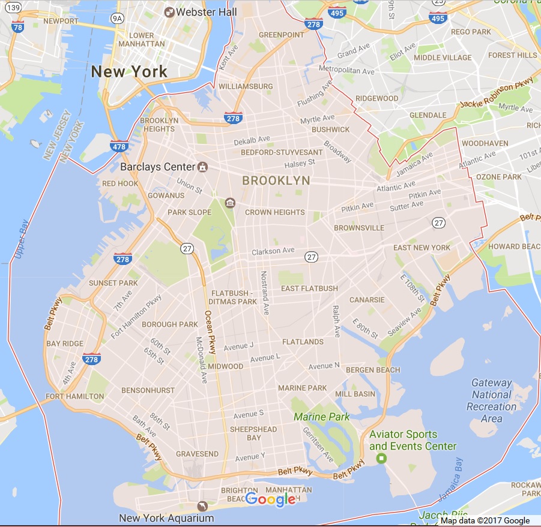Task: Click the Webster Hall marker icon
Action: point(169,12)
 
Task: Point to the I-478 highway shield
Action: point(118,145)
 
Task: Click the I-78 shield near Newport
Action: point(17,27)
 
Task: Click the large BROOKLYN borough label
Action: point(276,180)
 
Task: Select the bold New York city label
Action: point(129,72)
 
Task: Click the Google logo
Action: point(270,499)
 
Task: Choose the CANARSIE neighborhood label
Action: point(366,299)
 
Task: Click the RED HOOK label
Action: point(120,183)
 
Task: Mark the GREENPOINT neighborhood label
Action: point(282,35)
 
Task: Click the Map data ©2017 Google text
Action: point(485,520)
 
